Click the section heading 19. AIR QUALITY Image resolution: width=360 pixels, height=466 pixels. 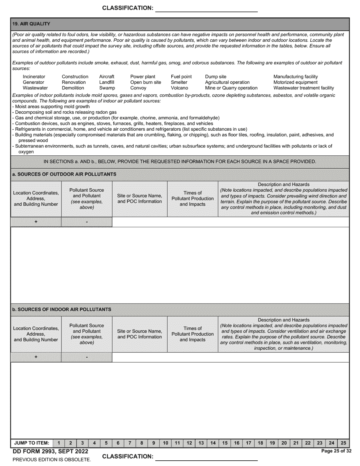coord(31,24)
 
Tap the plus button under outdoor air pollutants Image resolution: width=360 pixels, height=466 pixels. coord(36,222)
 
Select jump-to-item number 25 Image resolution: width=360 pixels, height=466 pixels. coord(343,443)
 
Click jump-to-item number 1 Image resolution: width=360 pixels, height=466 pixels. coord(58,443)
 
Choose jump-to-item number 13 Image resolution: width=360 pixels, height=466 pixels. coord(201,443)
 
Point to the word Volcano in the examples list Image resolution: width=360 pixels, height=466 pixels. coord(179,88)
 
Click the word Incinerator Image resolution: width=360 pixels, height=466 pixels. coord(34,77)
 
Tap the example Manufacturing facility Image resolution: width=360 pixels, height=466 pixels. coord(296,77)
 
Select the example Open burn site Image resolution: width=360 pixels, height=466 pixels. coord(146,82)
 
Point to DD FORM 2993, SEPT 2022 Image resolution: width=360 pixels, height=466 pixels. coord(50,451)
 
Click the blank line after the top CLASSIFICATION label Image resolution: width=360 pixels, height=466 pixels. coord(207,9)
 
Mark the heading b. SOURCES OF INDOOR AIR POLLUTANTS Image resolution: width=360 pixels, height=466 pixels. coord(62,310)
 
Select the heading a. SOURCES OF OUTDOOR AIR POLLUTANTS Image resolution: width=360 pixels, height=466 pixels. coord(64,174)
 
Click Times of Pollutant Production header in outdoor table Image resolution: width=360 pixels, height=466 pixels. coord(193,199)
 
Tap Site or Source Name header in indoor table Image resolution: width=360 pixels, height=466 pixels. coord(139,334)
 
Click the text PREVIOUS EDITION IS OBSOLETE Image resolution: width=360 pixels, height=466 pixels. coord(52,460)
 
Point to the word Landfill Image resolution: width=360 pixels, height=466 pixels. coord(106,82)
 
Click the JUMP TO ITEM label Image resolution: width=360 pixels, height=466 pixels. coord(31,443)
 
